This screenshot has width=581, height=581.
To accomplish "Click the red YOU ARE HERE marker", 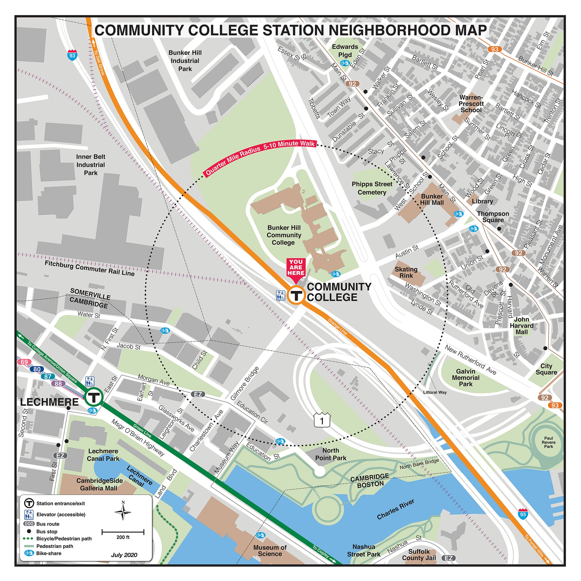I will click(296, 268).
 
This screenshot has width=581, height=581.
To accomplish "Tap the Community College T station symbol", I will click(296, 296).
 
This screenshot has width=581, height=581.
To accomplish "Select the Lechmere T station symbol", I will click(94, 398).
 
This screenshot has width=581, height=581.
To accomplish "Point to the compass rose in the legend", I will click(123, 511).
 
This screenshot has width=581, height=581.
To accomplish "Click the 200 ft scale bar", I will click(123, 532).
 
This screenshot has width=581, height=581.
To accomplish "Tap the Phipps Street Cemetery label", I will click(372, 188).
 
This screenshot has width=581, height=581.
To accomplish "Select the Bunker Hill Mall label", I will click(432, 199).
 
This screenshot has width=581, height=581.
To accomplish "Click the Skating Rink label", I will click(406, 272).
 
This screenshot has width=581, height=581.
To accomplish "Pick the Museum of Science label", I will click(270, 551).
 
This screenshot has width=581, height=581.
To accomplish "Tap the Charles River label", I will click(396, 509).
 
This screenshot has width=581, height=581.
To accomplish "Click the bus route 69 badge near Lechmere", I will click(24, 362).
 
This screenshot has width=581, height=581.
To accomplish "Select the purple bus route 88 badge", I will click(58, 383).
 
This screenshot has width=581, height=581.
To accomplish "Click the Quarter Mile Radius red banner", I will click(260, 157).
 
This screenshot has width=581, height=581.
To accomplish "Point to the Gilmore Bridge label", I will click(245, 383).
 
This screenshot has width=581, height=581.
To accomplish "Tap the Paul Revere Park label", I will click(548, 442).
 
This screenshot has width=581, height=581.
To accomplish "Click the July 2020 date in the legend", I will click(124, 555).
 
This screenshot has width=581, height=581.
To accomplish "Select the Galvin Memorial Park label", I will click(465, 377).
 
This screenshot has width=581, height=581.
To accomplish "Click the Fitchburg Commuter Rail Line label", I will click(90, 268).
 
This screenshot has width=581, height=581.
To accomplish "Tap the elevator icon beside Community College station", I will click(281, 295).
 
